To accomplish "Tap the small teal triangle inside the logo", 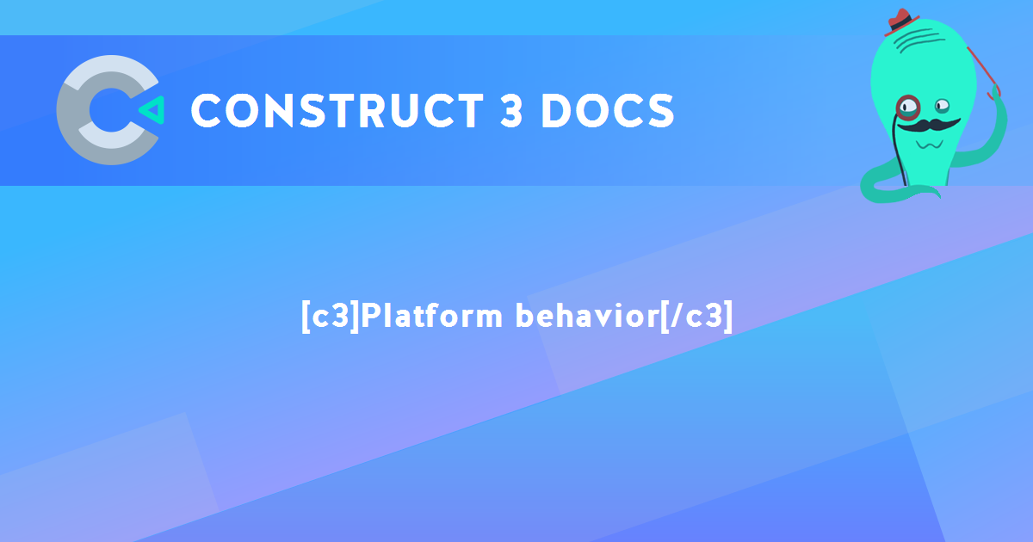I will coord(152,110).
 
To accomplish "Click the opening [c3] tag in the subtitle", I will coord(330,316).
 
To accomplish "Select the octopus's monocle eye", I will coord(907,107).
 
